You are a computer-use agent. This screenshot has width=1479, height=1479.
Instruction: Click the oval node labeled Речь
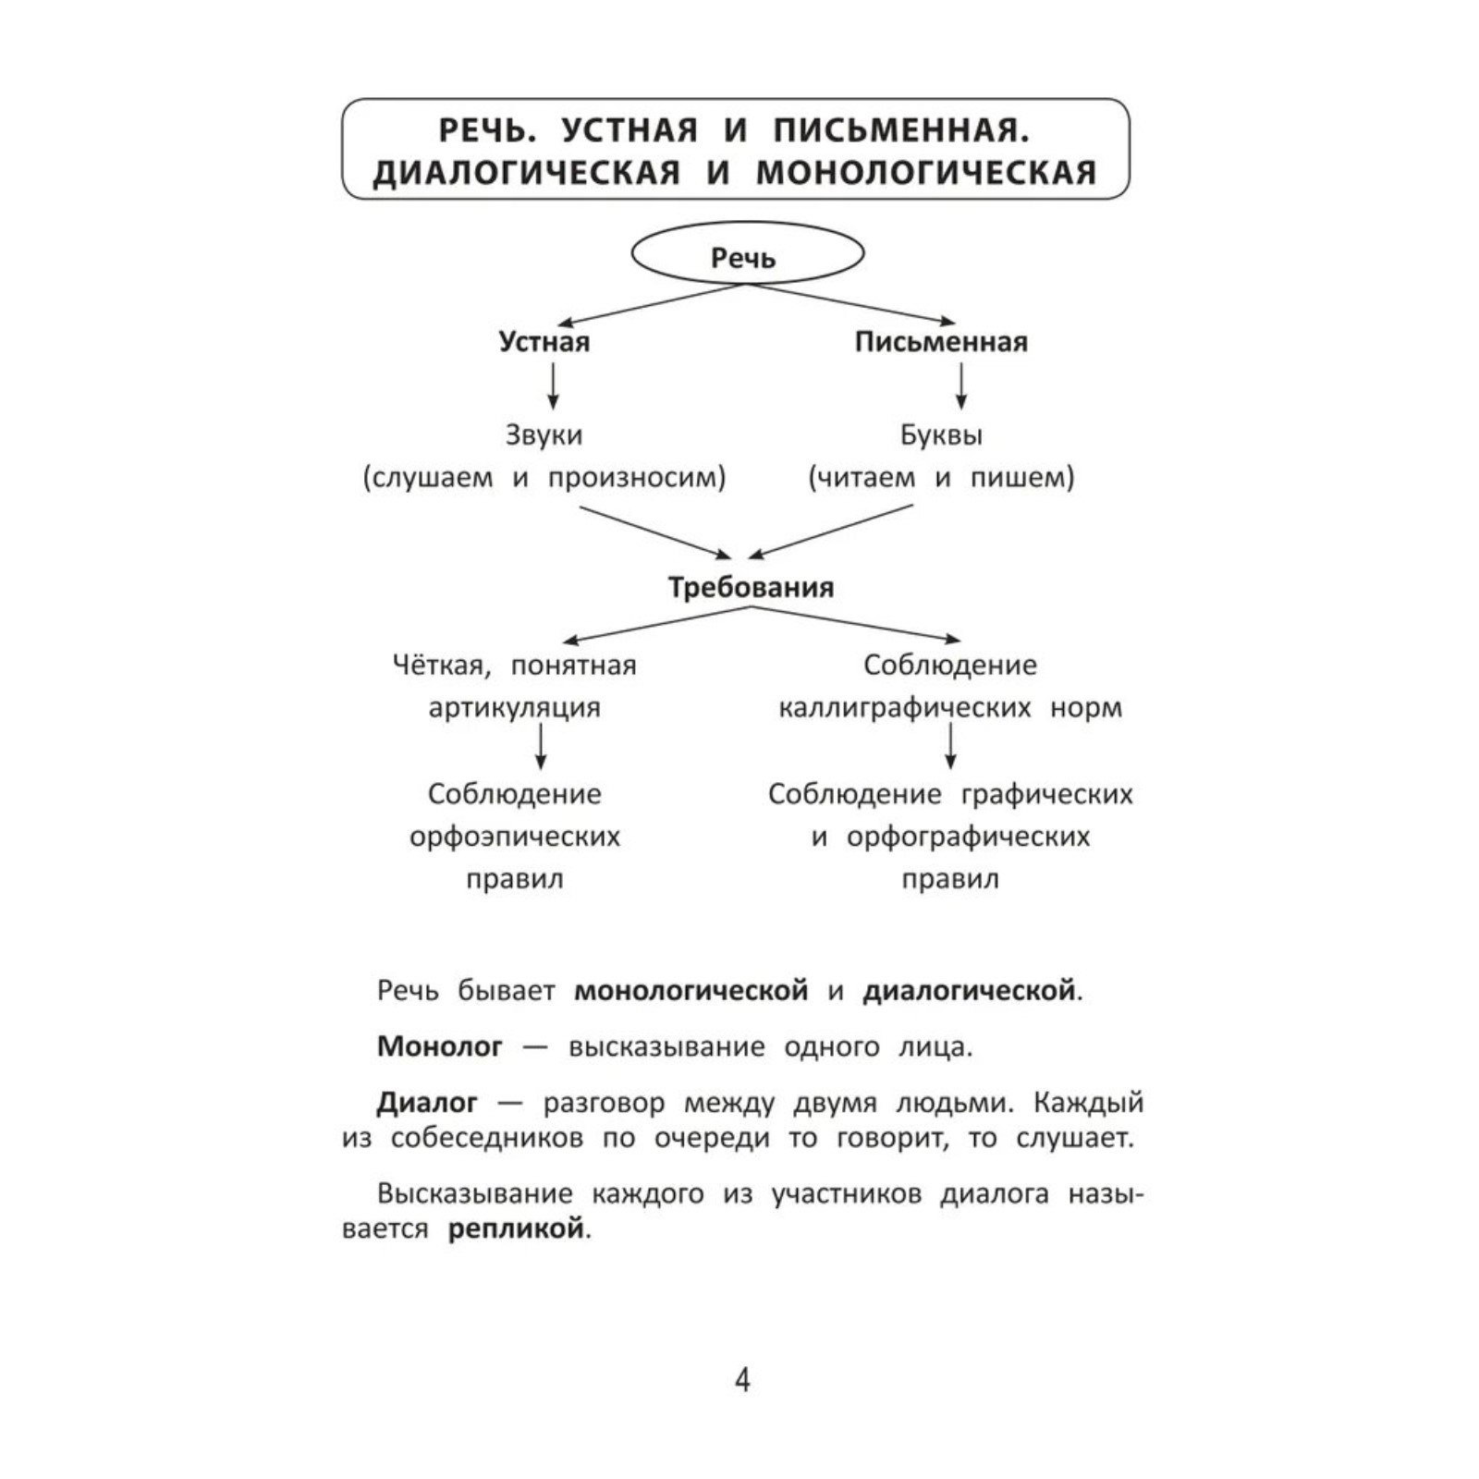tap(746, 254)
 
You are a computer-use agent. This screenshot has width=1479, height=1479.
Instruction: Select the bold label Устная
tap(544, 342)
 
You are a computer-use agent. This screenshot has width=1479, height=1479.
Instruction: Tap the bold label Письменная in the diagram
tap(941, 342)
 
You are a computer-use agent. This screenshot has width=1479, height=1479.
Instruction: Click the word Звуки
tap(544, 434)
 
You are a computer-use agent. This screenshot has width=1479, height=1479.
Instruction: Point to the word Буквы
tap(941, 434)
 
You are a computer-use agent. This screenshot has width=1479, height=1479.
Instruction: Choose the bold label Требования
tap(751, 588)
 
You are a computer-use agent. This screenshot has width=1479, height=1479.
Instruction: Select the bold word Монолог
tap(440, 1046)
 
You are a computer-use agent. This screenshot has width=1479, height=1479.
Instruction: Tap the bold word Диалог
tap(427, 1103)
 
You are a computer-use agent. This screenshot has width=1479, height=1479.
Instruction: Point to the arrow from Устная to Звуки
tap(553, 385)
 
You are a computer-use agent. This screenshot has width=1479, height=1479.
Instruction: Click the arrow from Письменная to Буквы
tap(961, 385)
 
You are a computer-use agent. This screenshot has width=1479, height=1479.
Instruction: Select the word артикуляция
tap(514, 708)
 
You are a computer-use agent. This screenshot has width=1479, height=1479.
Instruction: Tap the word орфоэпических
tap(514, 837)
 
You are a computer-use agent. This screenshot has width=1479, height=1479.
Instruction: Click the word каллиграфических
tap(904, 708)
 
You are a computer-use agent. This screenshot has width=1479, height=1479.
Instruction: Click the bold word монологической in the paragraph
tap(691, 991)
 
